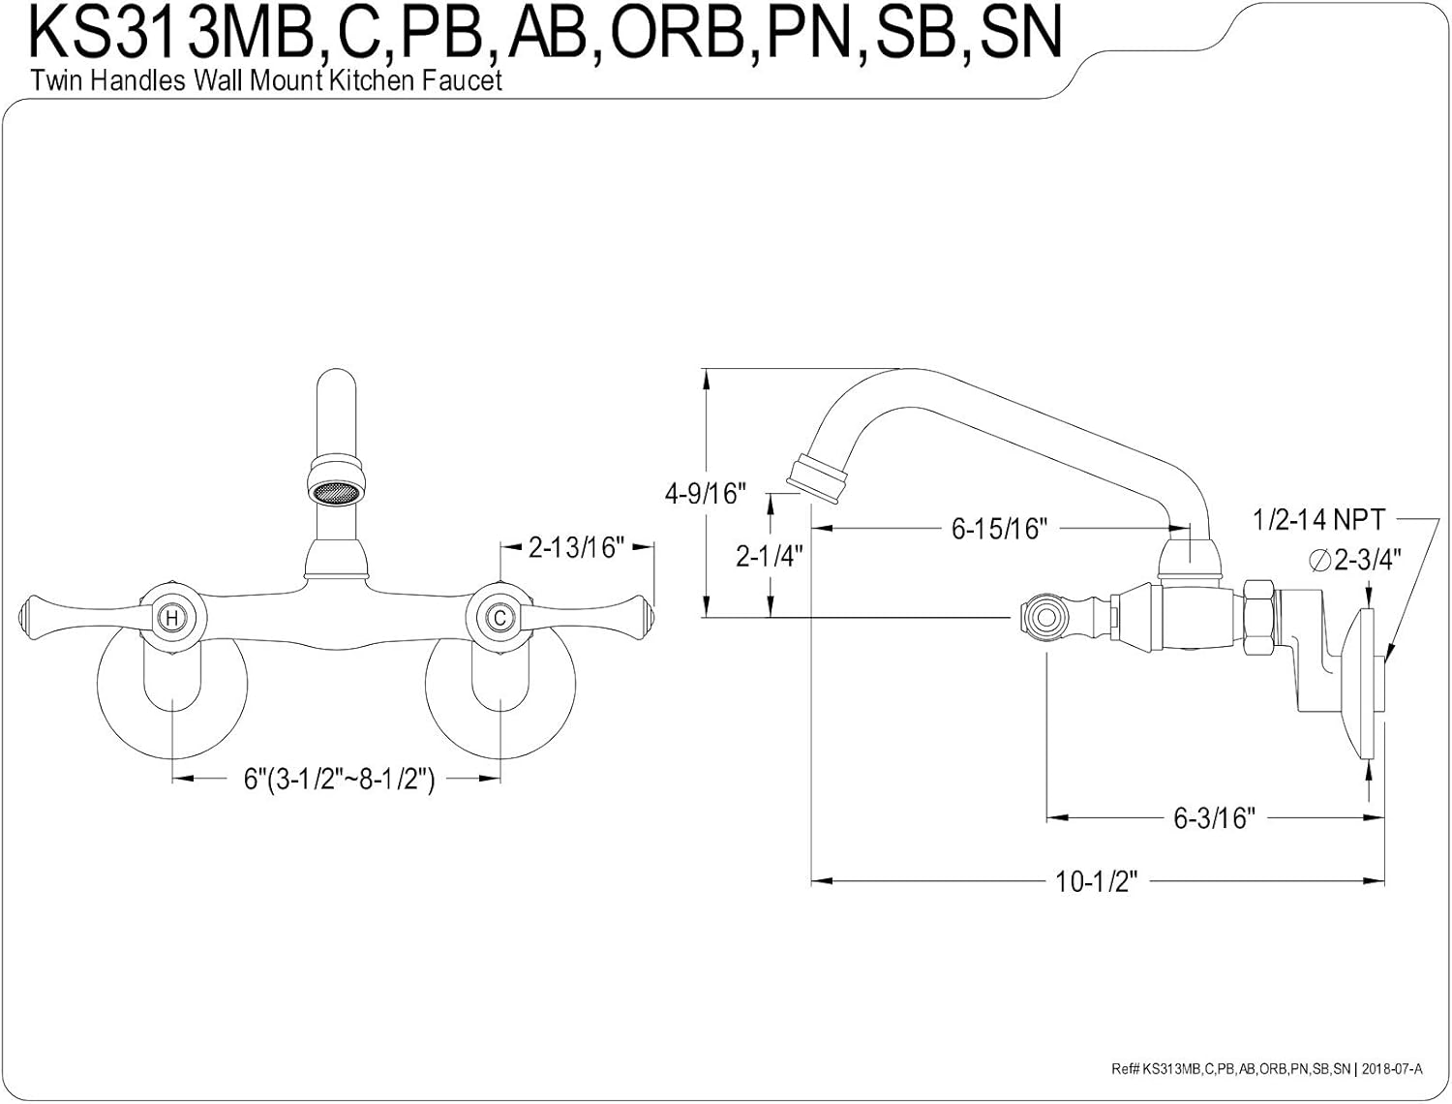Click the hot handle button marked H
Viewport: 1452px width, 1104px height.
coord(171,617)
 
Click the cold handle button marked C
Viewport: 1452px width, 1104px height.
coord(499,617)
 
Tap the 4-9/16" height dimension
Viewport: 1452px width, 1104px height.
coord(706,493)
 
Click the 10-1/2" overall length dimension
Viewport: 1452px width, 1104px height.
coord(1096,881)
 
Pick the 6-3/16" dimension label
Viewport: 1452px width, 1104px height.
coord(1214,818)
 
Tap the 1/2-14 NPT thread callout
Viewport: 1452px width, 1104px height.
coord(1318,520)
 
